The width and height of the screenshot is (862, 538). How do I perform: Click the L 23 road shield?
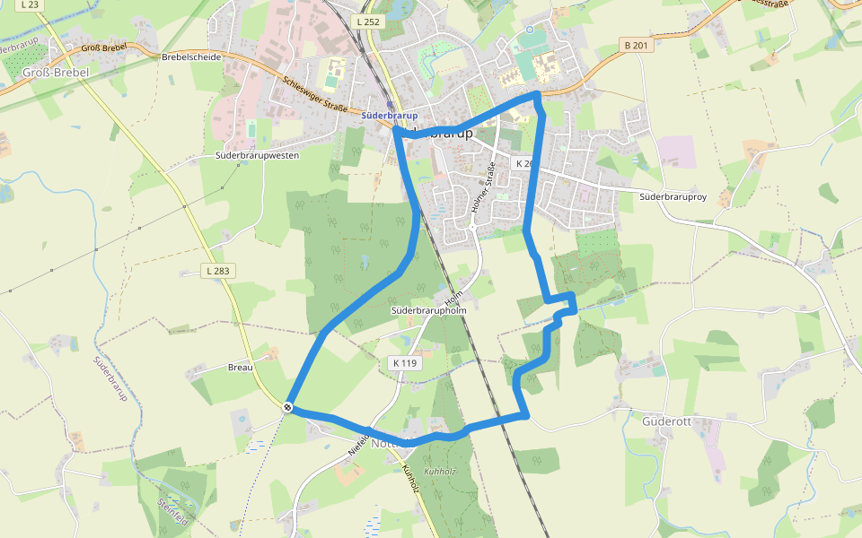coord(30,5)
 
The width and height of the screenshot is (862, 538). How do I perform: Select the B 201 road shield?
coord(634,45)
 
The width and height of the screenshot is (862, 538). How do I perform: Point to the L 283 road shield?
coord(216,271)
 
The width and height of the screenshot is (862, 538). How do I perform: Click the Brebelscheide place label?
coord(191,56)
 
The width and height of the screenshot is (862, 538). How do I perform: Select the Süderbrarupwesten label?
coord(257,155)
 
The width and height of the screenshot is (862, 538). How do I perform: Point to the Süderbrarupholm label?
coord(429,310)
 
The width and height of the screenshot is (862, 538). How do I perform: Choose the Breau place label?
coord(241,368)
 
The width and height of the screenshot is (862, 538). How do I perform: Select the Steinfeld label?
coord(173,510)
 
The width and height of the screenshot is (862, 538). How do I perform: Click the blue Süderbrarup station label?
coord(389,116)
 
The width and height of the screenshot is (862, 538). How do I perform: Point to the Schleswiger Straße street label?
coord(314,93)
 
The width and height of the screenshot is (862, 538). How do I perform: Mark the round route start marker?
coord(288,407)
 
